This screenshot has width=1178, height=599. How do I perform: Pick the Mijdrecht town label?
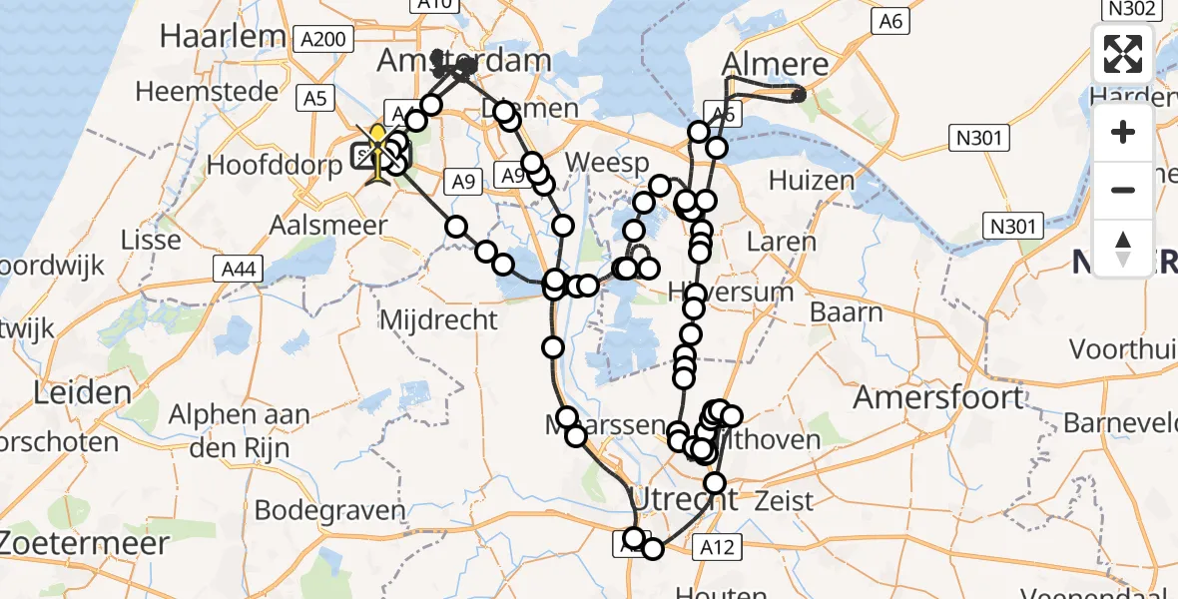pyautogui.click(x=439, y=319)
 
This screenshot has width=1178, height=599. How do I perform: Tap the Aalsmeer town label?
pyautogui.click(x=328, y=226)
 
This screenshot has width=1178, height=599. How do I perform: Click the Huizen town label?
pyautogui.click(x=812, y=181)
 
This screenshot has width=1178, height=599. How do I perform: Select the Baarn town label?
pyautogui.click(x=846, y=312)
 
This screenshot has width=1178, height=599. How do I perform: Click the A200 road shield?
pyautogui.click(x=324, y=39)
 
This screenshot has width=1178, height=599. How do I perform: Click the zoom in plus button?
pyautogui.click(x=1123, y=132)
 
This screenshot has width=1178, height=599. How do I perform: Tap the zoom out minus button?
pyautogui.click(x=1123, y=190)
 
